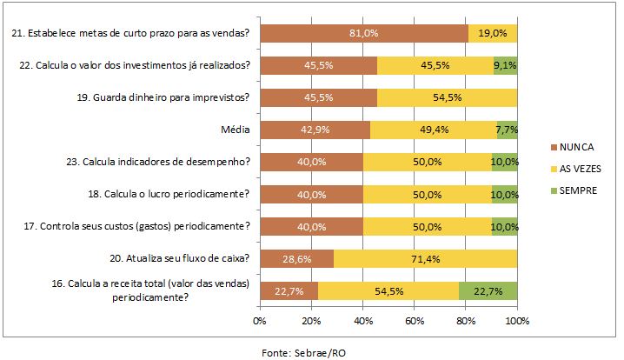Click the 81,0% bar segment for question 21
click(x=364, y=33)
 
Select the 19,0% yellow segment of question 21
click(x=493, y=33)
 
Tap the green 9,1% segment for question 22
click(x=506, y=64)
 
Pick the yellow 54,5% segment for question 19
click(x=448, y=97)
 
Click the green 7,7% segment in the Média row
click(x=508, y=129)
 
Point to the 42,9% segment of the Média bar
click(x=315, y=129)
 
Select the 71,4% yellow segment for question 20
click(x=426, y=258)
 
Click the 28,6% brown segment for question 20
click(x=296, y=258)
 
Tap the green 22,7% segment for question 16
click(x=488, y=290)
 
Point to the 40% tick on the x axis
click(x=363, y=321)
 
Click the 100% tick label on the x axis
click(x=518, y=321)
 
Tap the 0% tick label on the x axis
click(x=259, y=321)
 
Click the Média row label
click(x=236, y=130)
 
